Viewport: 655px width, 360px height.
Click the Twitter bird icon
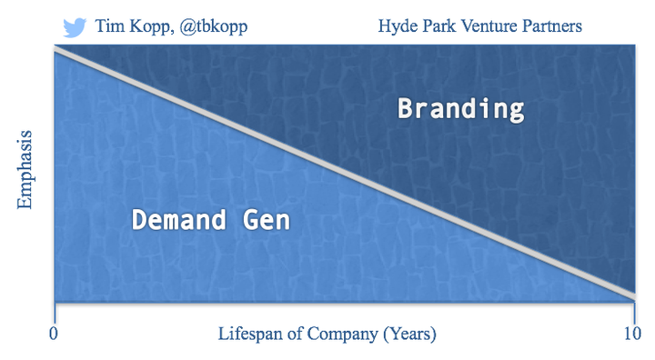pos(75,26)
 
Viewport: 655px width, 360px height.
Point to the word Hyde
pos(397,26)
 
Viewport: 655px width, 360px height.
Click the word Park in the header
pos(439,26)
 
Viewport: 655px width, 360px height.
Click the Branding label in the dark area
pos(461,110)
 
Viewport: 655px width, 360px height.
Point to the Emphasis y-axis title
pos(25,172)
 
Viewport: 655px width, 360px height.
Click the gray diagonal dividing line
pos(346,173)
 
